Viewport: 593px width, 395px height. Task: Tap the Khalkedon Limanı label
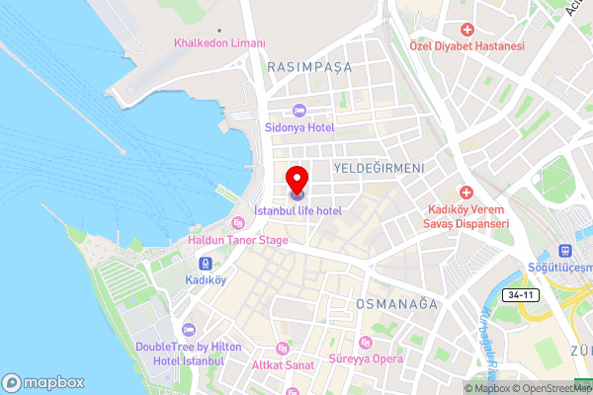tap(219, 43)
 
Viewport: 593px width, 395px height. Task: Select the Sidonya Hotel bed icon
tap(298, 111)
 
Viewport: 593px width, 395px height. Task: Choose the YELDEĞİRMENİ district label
tap(378, 169)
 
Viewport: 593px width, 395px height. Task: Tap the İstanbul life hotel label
tap(297, 211)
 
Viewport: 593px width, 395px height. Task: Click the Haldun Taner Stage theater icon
tap(237, 221)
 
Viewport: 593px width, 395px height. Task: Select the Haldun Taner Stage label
tap(238, 240)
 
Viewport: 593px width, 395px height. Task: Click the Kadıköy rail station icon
tap(206, 264)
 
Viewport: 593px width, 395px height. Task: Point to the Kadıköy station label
tap(206, 280)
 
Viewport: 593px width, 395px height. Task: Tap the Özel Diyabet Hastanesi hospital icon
tap(467, 30)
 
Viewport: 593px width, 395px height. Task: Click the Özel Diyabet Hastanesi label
tap(468, 46)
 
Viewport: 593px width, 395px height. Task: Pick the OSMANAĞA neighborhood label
tap(396, 304)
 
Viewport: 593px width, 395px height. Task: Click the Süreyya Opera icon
tap(366, 342)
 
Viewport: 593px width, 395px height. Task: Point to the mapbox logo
tap(43, 382)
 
